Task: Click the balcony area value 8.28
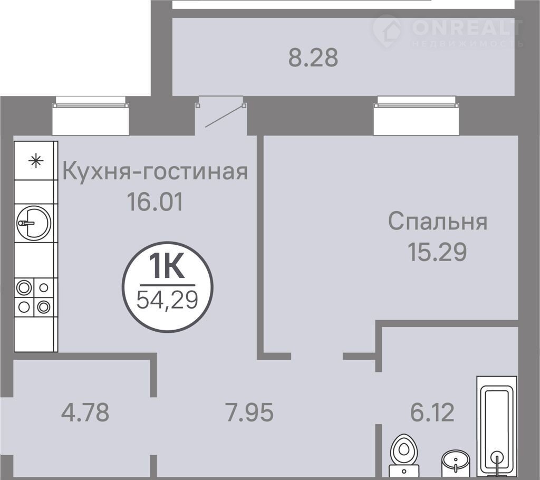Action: (x=313, y=57)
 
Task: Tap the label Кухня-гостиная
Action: (x=155, y=171)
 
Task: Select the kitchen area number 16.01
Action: (x=155, y=201)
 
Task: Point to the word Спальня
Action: (x=438, y=221)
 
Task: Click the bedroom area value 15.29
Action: (x=437, y=252)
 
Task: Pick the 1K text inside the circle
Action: (x=167, y=266)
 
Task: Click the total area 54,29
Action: (x=167, y=300)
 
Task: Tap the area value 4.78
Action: (x=85, y=412)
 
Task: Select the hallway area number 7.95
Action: (x=249, y=412)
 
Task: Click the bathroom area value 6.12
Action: (x=432, y=412)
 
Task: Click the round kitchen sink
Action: (x=34, y=223)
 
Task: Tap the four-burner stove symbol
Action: (x=34, y=297)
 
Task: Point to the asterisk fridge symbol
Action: (x=36, y=161)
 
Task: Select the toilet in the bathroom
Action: (x=403, y=455)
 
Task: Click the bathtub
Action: (x=497, y=426)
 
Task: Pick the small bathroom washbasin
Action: (x=456, y=462)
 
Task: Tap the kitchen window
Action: (x=91, y=116)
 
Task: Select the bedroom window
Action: (x=417, y=116)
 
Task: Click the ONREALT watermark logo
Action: (x=448, y=31)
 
